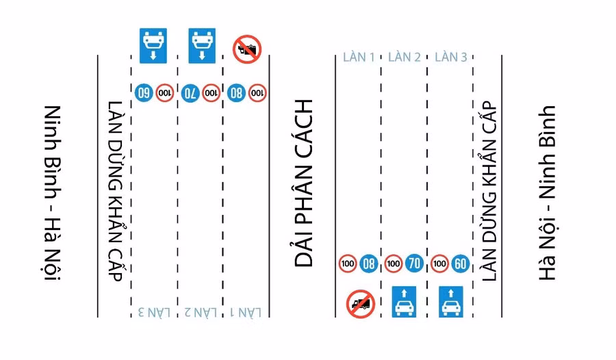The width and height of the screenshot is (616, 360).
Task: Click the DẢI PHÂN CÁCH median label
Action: point(303,183)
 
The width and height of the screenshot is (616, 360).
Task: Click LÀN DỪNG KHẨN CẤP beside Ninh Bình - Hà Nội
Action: point(114,192)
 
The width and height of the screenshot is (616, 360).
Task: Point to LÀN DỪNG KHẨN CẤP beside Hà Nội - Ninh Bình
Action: point(488,192)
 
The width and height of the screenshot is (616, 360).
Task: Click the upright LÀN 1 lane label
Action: point(359,57)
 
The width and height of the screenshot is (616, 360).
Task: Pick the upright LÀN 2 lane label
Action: point(405,57)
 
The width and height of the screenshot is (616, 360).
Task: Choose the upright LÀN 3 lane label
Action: point(451,57)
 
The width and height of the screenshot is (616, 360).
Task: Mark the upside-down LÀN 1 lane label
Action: point(246,312)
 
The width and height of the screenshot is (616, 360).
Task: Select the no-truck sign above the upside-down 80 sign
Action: point(247,49)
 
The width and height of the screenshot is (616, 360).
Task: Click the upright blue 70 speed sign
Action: point(413,262)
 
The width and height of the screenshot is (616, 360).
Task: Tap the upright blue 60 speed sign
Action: point(460,262)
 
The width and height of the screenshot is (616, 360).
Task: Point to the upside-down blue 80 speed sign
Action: point(237,92)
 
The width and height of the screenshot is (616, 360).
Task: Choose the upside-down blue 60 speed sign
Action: point(144,92)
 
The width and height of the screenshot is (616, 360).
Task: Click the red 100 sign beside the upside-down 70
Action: point(211,92)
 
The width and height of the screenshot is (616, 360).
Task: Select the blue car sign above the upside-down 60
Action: point(154,46)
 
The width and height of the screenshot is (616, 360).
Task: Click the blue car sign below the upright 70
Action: point(405,301)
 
